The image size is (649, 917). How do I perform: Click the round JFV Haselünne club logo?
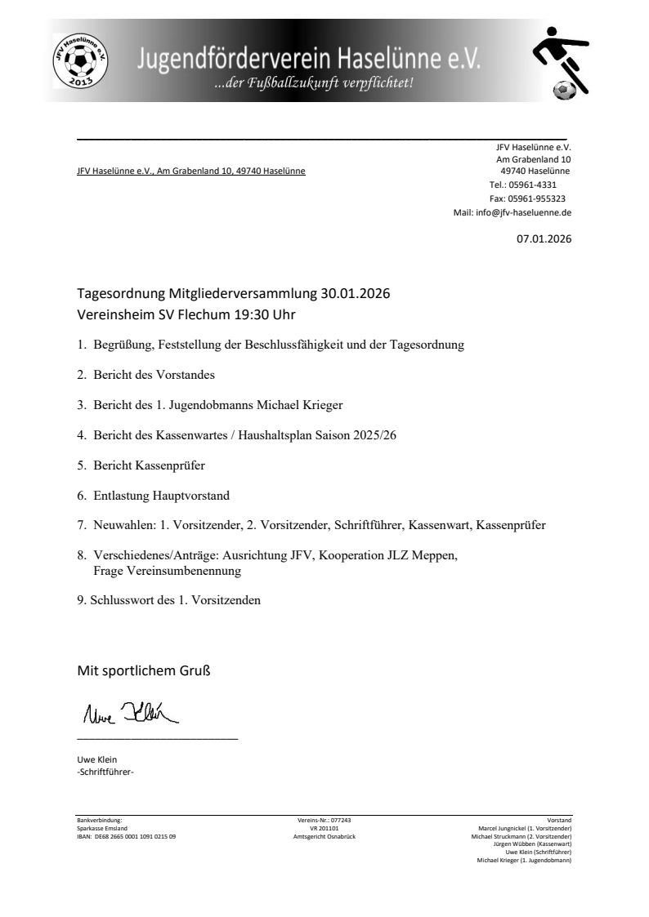click(x=79, y=61)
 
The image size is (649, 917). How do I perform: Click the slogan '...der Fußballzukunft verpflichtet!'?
click(x=314, y=82)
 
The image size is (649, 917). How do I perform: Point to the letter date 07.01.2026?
click(x=544, y=239)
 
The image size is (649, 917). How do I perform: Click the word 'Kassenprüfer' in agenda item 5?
click(x=170, y=465)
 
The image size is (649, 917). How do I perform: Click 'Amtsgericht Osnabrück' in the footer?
click(x=324, y=837)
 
